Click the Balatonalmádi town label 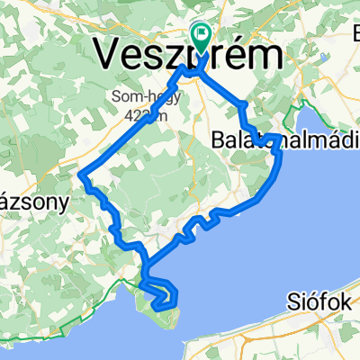click(270, 140)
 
